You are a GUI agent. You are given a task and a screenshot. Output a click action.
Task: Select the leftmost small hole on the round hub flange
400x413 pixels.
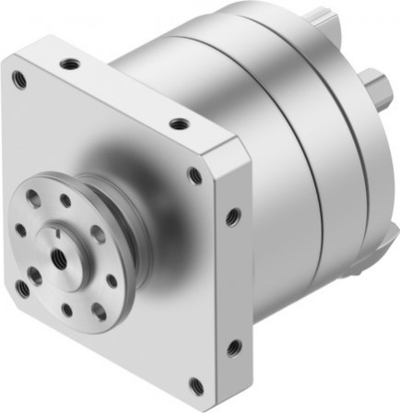coord(20,230)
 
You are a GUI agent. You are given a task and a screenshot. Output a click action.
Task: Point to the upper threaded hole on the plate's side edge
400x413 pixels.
coord(232,218)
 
